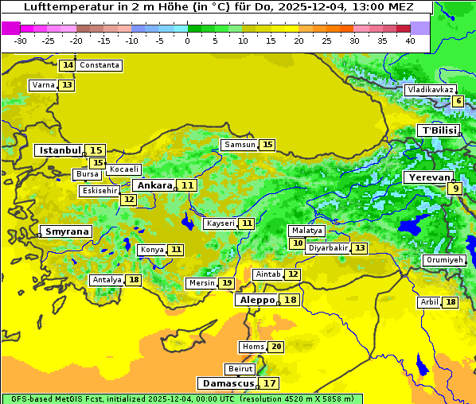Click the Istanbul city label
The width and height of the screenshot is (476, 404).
pos(60,150)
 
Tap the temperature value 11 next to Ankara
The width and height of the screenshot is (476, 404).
pos(187,185)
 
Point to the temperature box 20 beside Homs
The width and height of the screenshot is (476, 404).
pos(276,347)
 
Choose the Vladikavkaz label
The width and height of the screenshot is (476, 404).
pos(430,90)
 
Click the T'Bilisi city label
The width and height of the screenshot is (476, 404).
pos(438,130)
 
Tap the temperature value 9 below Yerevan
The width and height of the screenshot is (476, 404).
pos(455,188)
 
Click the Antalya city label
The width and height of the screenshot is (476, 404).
pos(107,280)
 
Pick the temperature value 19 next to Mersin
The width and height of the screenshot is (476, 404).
pos(227,283)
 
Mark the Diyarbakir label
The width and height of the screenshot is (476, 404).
pos(328,248)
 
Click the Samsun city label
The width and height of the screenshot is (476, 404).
pos(240,145)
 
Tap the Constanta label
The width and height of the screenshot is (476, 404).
pos(99,65)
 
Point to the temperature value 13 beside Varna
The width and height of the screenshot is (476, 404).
pos(67,85)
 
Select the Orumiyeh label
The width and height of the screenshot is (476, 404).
pos(444,260)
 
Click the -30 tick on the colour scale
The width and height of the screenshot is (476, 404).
pos(21,41)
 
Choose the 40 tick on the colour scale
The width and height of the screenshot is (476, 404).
pos(410,41)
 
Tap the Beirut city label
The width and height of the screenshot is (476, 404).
pos(240,369)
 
